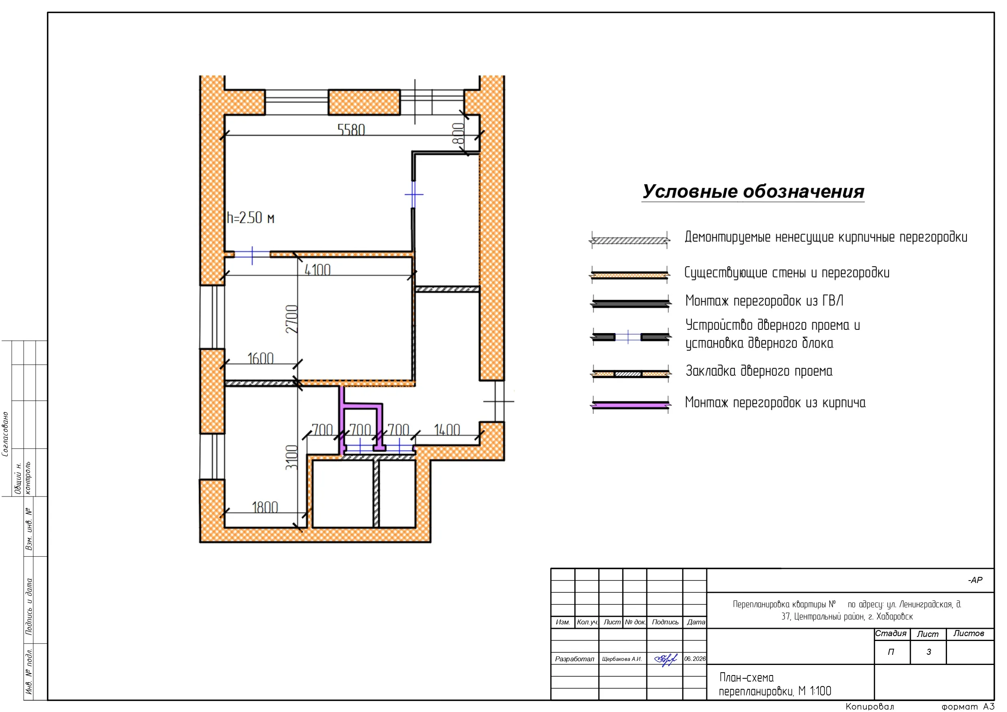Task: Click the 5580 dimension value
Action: (351, 129)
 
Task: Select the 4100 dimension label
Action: (318, 270)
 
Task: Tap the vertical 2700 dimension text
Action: (292, 319)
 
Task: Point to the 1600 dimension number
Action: (260, 358)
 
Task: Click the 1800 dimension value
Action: (265, 507)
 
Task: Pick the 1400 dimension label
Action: (447, 430)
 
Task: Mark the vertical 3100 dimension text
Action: (292, 458)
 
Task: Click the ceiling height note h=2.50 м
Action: (250, 217)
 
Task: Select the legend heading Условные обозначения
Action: (753, 192)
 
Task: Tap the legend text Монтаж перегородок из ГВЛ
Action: (764, 301)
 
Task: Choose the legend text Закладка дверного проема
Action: (759, 371)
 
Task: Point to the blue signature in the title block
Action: (665, 659)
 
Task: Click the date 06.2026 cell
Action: (695, 659)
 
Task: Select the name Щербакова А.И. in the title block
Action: (622, 659)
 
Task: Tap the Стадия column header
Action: (891, 633)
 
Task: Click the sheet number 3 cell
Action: (928, 652)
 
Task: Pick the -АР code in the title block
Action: (975, 580)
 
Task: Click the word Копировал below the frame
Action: (870, 706)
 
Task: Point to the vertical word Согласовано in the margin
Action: (5, 434)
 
